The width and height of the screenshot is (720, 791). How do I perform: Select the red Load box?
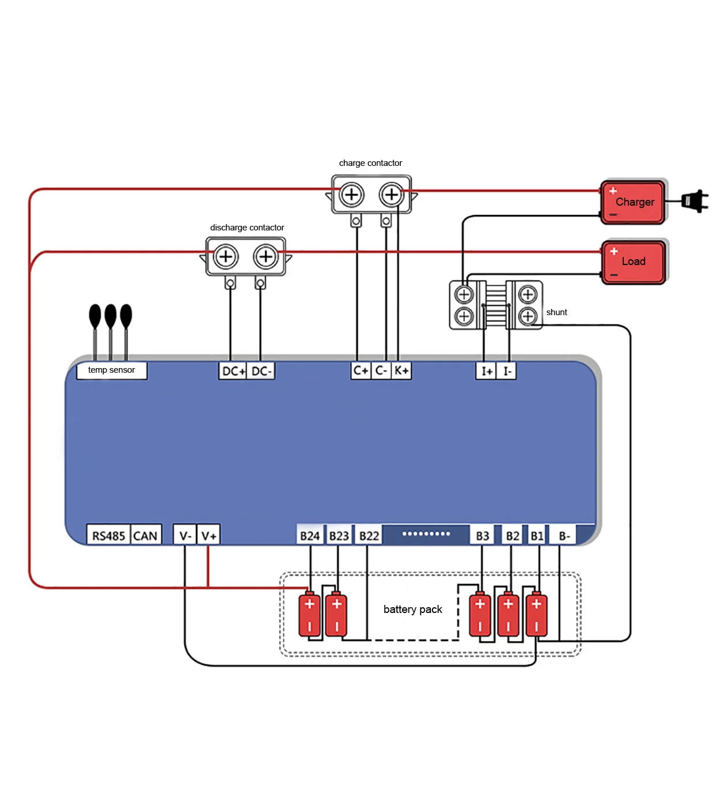click(633, 262)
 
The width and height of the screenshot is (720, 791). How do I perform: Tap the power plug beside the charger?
click(694, 201)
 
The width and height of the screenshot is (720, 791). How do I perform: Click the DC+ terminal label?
click(233, 371)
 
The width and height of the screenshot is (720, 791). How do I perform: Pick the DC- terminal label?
click(261, 371)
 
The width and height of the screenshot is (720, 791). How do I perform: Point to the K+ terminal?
click(401, 370)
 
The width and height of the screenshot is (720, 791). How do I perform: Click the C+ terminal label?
click(361, 370)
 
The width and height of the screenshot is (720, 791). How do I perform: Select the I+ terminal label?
click(486, 371)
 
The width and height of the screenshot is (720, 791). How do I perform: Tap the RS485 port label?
click(108, 536)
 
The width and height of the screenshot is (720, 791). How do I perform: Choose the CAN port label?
click(145, 536)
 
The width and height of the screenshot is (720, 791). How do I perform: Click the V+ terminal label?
click(209, 536)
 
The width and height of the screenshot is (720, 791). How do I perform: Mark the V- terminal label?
click(185, 536)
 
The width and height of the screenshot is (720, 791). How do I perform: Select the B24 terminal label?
click(310, 536)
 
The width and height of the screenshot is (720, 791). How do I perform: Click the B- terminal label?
click(564, 536)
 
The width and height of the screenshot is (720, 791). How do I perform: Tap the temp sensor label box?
click(112, 370)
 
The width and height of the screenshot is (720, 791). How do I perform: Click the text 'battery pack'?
click(412, 610)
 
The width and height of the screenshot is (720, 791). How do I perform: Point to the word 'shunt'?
click(556, 312)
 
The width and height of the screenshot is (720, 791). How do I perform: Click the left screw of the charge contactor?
click(351, 195)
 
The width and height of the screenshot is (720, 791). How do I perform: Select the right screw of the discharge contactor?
click(266, 256)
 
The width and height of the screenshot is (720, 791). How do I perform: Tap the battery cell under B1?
click(536, 614)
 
